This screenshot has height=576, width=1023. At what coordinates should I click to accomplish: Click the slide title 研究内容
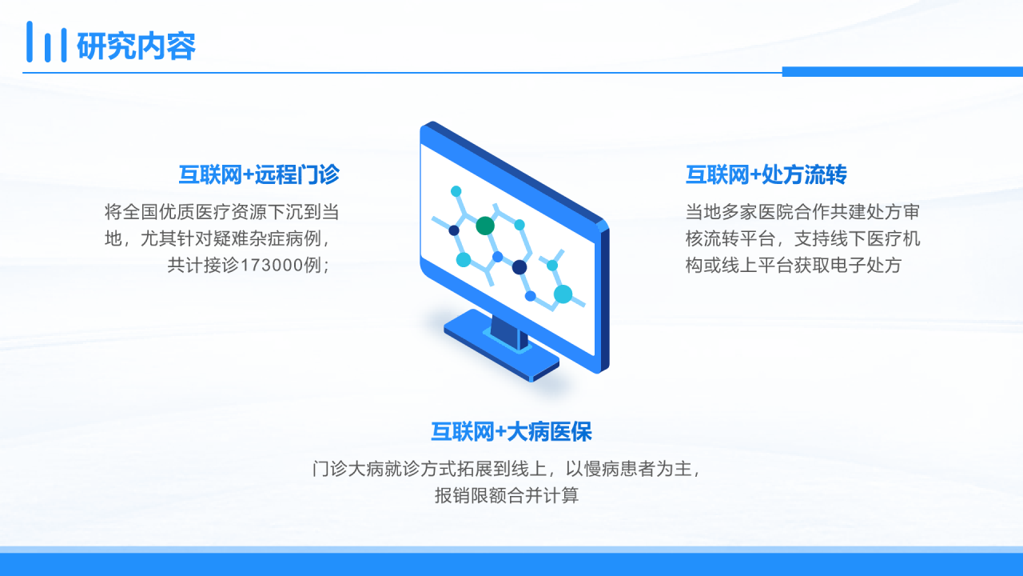136,46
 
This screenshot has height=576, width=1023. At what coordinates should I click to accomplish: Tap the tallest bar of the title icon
30,41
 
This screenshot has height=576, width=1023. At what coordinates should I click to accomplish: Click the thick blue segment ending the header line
902,72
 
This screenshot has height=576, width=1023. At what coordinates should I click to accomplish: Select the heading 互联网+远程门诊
259,174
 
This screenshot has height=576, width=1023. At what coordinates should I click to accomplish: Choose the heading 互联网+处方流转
766,174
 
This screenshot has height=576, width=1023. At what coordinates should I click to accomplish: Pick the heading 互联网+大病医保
511,431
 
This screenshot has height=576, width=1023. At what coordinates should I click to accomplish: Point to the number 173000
271,265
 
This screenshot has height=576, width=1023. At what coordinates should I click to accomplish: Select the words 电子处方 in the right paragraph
866,265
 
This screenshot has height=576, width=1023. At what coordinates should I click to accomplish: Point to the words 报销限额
471,495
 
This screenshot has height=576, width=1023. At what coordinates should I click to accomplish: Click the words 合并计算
543,495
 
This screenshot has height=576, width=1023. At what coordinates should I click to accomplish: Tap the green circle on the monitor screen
485,226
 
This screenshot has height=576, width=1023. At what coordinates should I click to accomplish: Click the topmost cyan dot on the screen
456,191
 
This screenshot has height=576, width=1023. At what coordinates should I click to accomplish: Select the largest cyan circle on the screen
563,294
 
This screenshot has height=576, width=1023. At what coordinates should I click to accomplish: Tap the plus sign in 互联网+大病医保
500,432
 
